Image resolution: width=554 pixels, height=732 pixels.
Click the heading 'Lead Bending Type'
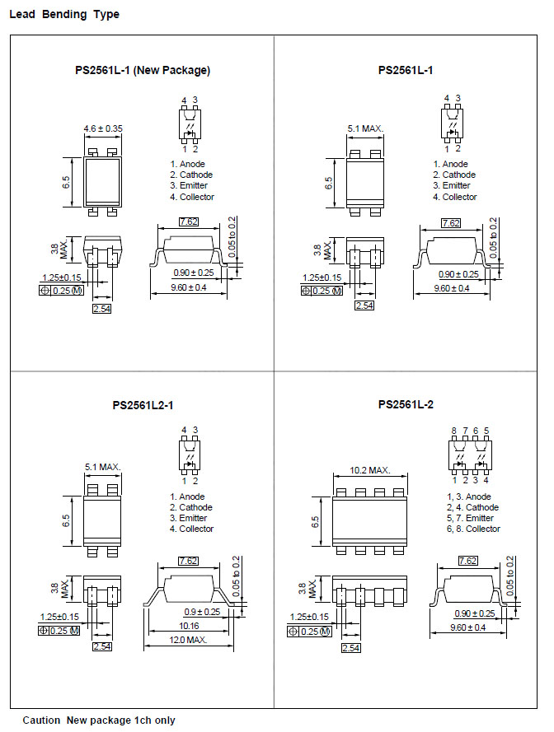[64, 15]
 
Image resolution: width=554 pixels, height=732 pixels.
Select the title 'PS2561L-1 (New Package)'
[143, 71]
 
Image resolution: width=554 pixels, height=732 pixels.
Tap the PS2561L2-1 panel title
[143, 405]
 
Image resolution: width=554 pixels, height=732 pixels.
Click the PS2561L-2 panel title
[406, 405]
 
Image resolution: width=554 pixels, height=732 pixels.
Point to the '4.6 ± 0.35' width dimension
[103, 128]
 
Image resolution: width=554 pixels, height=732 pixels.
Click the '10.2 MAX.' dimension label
[370, 470]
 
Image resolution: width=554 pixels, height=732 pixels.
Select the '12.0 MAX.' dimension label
[188, 640]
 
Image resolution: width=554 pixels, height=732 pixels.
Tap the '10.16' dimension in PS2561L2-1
[189, 626]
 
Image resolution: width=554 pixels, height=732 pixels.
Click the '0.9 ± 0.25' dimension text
[202, 612]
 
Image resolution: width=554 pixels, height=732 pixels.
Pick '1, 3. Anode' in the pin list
[469, 497]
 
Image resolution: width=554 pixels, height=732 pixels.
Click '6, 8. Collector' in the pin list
[473, 529]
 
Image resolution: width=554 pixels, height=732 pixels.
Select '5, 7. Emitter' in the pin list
[470, 518]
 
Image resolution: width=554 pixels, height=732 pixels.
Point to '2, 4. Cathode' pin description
[472, 507]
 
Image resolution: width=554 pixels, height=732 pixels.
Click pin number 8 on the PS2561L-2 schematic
[454, 431]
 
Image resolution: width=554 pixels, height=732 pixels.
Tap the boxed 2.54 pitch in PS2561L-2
[350, 648]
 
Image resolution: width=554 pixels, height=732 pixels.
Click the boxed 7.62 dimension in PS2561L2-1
[189, 561]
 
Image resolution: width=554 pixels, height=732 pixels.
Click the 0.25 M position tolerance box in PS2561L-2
[309, 632]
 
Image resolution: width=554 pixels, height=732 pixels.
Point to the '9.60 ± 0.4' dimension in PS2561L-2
[468, 627]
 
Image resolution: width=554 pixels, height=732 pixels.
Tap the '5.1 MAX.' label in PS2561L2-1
[103, 467]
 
